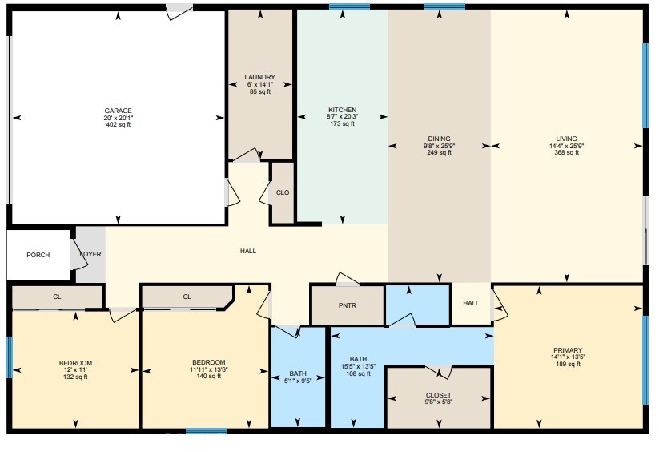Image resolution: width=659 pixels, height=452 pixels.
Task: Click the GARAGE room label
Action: coord(118,111)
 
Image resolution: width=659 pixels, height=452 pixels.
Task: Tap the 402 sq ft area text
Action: coord(118,124)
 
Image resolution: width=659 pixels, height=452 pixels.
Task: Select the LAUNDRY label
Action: coord(259,78)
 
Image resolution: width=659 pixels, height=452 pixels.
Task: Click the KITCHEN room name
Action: coord(342,110)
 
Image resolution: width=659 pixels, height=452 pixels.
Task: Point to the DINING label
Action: coord(439,139)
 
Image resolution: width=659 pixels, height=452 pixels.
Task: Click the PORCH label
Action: coord(38,255)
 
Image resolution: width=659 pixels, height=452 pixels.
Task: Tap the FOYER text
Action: coord(90,254)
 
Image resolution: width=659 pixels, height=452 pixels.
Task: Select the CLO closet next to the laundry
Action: coord(282,192)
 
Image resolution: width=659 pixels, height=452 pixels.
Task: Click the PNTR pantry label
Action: coord(347,305)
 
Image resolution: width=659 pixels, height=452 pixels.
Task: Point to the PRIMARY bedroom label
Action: coord(567,350)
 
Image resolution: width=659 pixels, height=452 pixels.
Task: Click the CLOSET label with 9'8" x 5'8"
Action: coord(438,395)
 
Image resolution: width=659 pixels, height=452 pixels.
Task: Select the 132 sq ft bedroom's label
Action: coord(75,363)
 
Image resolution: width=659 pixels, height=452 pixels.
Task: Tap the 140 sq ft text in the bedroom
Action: coord(208,376)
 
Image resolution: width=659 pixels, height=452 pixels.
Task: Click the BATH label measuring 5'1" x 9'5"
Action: coord(298,373)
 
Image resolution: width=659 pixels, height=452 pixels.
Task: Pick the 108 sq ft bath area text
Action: coord(358,373)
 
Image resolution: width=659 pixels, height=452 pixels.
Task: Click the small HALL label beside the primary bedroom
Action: coord(471,303)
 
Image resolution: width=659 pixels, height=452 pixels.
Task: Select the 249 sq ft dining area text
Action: coord(439,152)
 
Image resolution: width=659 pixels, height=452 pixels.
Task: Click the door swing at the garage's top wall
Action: coord(179,12)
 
